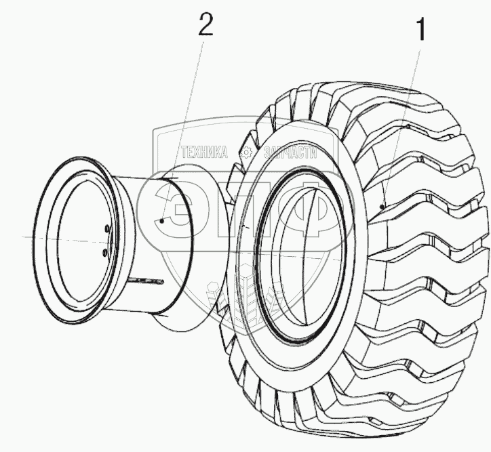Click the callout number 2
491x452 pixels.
pyautogui.click(x=205, y=25)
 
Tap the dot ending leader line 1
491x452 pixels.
pyautogui.click(x=382, y=205)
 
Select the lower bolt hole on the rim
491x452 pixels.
pyautogui.click(x=104, y=252)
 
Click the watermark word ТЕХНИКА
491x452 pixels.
pyautogui.click(x=203, y=153)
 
